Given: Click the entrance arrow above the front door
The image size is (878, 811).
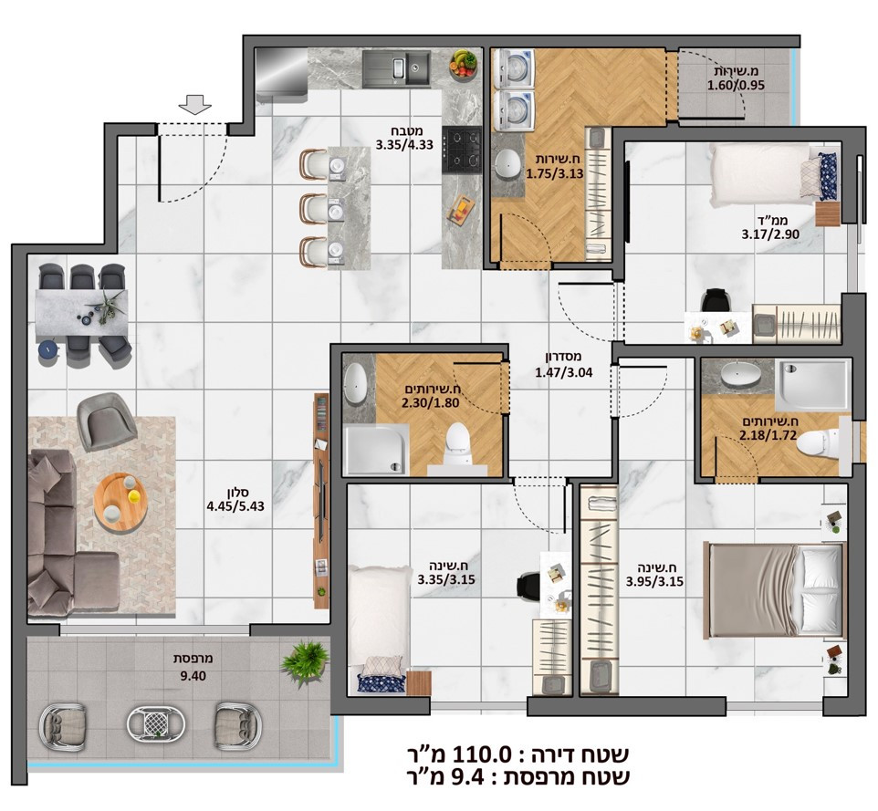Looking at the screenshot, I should click(193, 105).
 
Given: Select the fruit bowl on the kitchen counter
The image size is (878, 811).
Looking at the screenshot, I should click(464, 64).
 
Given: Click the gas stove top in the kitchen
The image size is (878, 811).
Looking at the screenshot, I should click(462, 150).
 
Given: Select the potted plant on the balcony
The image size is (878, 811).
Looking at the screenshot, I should click(302, 661).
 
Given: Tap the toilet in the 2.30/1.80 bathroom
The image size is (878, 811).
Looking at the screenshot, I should click(454, 441).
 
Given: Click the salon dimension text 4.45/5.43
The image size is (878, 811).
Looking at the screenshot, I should click(235, 502).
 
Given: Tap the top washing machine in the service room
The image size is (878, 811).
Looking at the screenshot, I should click(513, 69).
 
